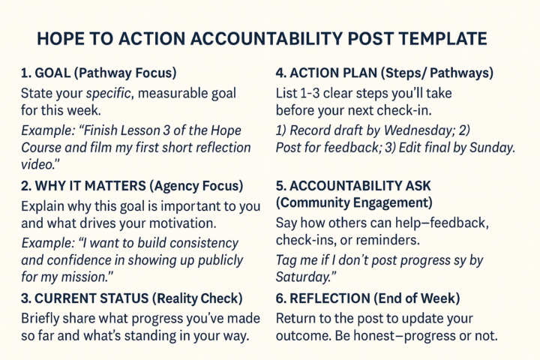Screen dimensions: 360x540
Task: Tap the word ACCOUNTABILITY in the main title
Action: [x=242, y=39]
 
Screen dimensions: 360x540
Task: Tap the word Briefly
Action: [x=43, y=316]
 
